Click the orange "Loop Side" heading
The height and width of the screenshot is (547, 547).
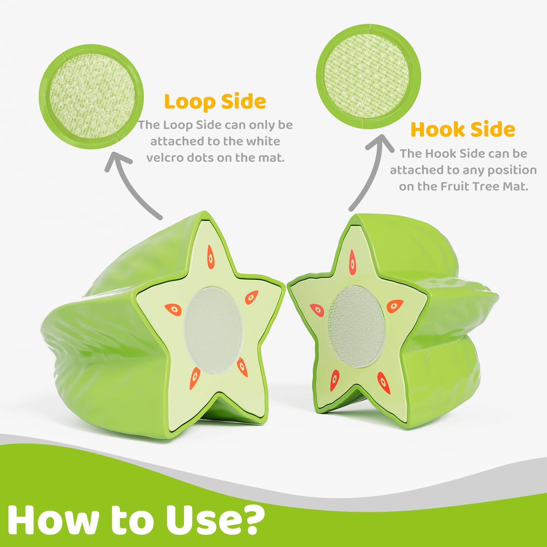tap(215, 102)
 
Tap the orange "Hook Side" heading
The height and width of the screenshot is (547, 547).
tap(463, 130)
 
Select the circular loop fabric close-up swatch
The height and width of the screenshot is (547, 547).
tap(91, 97)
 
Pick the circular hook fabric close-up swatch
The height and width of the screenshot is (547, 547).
tap(369, 76)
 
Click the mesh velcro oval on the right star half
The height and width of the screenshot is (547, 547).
tap(357, 326)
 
